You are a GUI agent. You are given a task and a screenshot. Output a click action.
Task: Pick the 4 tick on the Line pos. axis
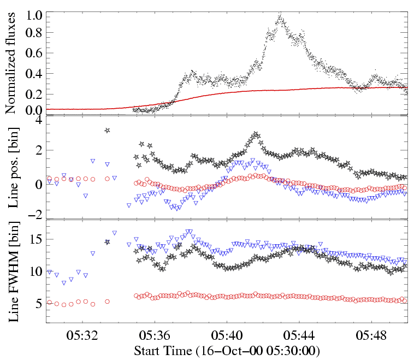click(38, 120)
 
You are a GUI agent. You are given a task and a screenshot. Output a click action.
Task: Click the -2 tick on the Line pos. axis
click(36, 215)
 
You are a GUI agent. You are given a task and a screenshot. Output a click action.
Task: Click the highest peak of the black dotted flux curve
click(281, 15)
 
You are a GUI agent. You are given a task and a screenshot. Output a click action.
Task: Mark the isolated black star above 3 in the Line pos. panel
click(107, 130)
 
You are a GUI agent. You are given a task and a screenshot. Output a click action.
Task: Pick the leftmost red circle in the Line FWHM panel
click(50, 302)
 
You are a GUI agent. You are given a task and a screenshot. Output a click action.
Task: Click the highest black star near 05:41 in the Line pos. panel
click(256, 134)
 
